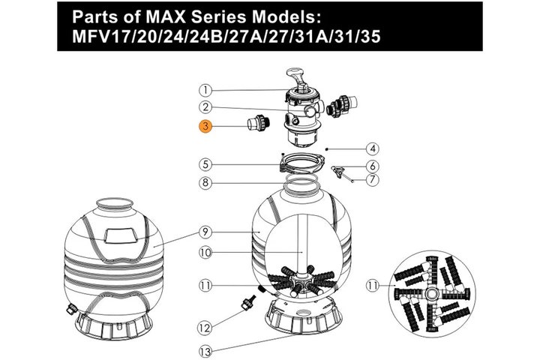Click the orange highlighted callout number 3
tap(205, 126)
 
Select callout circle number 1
tap(205, 90)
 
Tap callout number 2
tap(205, 106)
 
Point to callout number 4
tap(372, 148)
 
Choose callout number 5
tap(205, 164)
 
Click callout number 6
tap(372, 166)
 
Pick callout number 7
tap(372, 179)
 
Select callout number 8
tap(205, 182)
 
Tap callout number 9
tap(205, 232)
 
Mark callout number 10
tap(205, 253)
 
